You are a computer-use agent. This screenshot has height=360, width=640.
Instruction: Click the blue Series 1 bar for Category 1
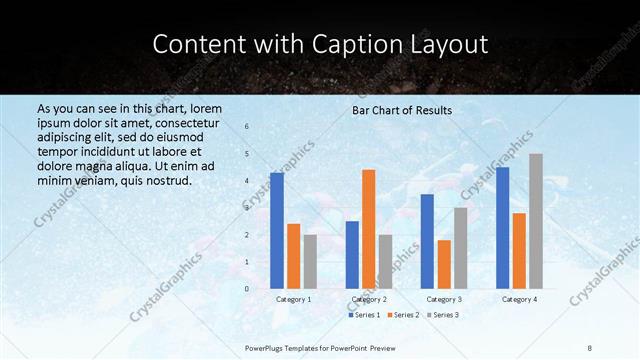coord(277,231)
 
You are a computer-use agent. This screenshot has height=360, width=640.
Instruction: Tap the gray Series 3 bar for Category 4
coord(536,221)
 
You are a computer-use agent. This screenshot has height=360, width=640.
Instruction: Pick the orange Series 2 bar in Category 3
coord(444,264)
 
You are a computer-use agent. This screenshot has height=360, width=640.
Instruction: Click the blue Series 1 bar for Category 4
coord(502,228)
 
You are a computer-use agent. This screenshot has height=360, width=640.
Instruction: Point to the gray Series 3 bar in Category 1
coord(310,262)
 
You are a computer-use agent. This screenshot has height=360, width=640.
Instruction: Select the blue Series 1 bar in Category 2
coord(352,255)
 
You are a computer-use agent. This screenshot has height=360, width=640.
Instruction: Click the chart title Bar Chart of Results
coord(402,110)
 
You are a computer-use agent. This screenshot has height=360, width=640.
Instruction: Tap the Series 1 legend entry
coord(364,315)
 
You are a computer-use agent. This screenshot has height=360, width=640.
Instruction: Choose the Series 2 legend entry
coord(403,315)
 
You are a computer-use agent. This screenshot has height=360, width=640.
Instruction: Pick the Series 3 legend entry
coord(443,315)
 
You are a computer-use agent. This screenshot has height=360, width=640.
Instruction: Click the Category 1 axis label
coord(293,299)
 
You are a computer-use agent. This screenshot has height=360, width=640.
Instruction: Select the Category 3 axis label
coord(444,299)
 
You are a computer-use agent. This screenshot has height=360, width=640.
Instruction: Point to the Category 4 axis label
coord(519,299)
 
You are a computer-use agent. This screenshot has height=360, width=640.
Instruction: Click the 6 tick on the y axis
coord(247,127)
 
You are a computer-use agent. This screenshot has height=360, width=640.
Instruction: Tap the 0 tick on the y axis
coord(247,289)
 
